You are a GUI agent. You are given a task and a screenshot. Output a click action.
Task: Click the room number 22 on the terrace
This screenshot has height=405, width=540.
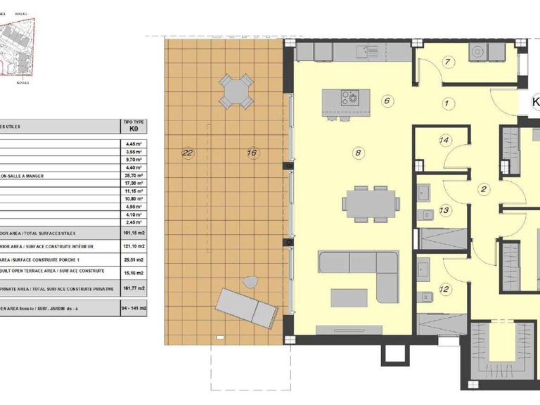pyautogui.click(x=187, y=152)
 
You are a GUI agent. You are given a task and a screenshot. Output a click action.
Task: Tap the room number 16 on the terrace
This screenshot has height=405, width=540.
pyautogui.click(x=252, y=152)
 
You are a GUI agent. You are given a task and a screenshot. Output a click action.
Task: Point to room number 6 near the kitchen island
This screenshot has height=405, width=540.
pyautogui.click(x=387, y=101)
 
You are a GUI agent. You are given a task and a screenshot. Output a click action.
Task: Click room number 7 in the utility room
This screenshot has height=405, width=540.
pyautogui.click(x=446, y=61)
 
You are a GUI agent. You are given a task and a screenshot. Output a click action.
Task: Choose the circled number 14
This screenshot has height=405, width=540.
pyautogui.click(x=444, y=140)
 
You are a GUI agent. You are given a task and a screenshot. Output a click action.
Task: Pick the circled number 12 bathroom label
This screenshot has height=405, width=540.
pyautogui.click(x=444, y=288)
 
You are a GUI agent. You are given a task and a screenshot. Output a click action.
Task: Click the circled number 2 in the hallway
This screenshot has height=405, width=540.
pyautogui.click(x=484, y=188)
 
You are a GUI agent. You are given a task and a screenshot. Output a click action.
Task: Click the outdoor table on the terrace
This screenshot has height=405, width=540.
pyautogui.click(x=236, y=91)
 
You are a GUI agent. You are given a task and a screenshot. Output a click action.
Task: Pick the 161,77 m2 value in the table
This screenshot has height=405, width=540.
pyautogui.click(x=132, y=288)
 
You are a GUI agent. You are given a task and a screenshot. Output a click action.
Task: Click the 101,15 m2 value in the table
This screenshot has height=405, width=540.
pyautogui.click(x=132, y=233)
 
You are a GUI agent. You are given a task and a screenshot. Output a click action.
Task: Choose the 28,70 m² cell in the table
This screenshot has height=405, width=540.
pyautogui.click(x=132, y=174)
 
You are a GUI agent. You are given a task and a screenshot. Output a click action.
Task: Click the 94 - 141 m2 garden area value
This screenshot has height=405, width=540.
pyautogui.click(x=132, y=308)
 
